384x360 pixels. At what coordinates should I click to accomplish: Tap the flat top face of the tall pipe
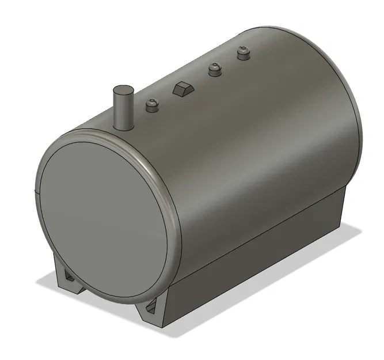pyautogui.click(x=122, y=90)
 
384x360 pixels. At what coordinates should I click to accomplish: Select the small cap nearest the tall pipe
pyautogui.click(x=151, y=105)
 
